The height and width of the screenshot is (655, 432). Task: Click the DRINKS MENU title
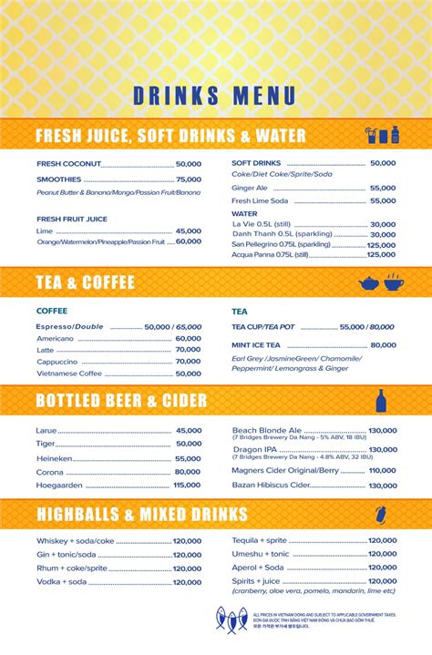tap(215, 96)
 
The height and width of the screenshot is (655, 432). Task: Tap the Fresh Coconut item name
tap(69, 164)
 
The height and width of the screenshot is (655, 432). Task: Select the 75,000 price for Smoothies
tap(188, 179)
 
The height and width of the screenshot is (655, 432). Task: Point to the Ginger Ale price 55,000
tap(382, 188)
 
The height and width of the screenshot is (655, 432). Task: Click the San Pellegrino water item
tap(282, 245)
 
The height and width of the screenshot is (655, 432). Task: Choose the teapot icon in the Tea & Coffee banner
tap(368, 282)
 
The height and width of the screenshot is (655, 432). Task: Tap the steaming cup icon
tap(394, 281)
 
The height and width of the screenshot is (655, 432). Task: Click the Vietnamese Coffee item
tap(69, 374)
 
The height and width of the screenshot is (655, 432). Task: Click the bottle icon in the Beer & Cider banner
tap(381, 400)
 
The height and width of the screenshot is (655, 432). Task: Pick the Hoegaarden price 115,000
tap(186, 485)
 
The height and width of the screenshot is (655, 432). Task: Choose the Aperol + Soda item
tap(258, 568)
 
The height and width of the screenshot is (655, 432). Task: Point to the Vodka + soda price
tap(187, 582)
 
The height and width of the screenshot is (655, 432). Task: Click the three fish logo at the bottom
tap(231, 619)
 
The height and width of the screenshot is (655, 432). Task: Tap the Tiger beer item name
tap(46, 444)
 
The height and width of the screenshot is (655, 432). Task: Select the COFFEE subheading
tap(52, 311)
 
